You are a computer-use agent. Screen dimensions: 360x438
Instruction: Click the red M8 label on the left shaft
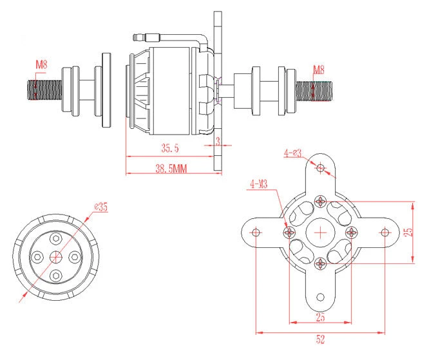41,64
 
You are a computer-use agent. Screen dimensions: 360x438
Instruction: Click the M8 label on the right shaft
319,70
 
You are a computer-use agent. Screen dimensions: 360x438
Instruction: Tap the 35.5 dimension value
169,149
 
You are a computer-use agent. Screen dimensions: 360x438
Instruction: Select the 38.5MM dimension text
171,169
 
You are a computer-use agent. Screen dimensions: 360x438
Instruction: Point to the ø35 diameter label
100,207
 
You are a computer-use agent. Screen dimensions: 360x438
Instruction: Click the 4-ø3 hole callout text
292,153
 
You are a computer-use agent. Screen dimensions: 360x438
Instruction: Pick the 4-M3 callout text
259,185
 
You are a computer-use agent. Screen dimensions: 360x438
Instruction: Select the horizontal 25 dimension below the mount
320,317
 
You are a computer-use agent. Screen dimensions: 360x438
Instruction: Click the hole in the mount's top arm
321,167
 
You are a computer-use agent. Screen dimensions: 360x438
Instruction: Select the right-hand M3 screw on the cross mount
351,231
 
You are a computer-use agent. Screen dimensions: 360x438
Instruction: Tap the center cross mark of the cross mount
321,232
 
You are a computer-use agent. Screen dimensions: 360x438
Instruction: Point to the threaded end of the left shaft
40,90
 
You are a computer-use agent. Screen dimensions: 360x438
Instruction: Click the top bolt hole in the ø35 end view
56,239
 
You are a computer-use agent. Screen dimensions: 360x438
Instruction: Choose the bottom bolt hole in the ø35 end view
56,275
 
